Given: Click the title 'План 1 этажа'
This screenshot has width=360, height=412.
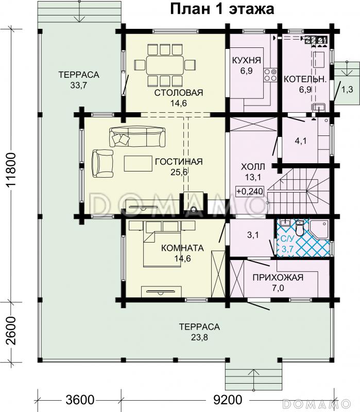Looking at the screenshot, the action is pos(222,9).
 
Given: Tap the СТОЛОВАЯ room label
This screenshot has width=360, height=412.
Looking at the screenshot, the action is pos(179,93).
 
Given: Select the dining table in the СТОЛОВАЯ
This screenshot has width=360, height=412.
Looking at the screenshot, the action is pos(165,65).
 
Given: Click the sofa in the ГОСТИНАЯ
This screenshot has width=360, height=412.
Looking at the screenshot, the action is pos(138,137).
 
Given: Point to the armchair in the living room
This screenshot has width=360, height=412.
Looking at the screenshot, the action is pos(102,163).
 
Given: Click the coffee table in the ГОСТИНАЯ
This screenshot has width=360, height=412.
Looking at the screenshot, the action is pos(139,163).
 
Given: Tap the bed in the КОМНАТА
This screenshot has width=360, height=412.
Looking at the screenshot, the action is pos(162,244).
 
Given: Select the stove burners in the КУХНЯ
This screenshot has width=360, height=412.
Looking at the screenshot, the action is pos(270,75).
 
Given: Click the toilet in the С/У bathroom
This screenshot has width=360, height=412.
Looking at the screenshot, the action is pos(300,228).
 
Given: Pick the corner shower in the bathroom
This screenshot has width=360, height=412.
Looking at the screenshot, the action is pos(319,229).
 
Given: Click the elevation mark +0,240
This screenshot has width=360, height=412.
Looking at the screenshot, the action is pos(250,191).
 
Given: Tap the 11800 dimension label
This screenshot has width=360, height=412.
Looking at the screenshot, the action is pos(12,169).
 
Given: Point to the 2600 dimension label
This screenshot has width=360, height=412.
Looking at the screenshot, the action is pos(12,331).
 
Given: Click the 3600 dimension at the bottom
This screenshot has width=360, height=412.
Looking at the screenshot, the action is pos(80,400).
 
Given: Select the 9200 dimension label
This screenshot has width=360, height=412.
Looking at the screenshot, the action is pos(228,400).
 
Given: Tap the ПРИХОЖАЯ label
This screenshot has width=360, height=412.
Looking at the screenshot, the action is pos(278,277).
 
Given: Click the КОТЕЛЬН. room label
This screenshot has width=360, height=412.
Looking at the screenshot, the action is pos(305,79).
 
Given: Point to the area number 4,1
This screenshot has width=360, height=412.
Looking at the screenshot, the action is pos(301,141).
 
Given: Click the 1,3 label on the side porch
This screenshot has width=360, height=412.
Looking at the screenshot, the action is pos(347,90).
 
